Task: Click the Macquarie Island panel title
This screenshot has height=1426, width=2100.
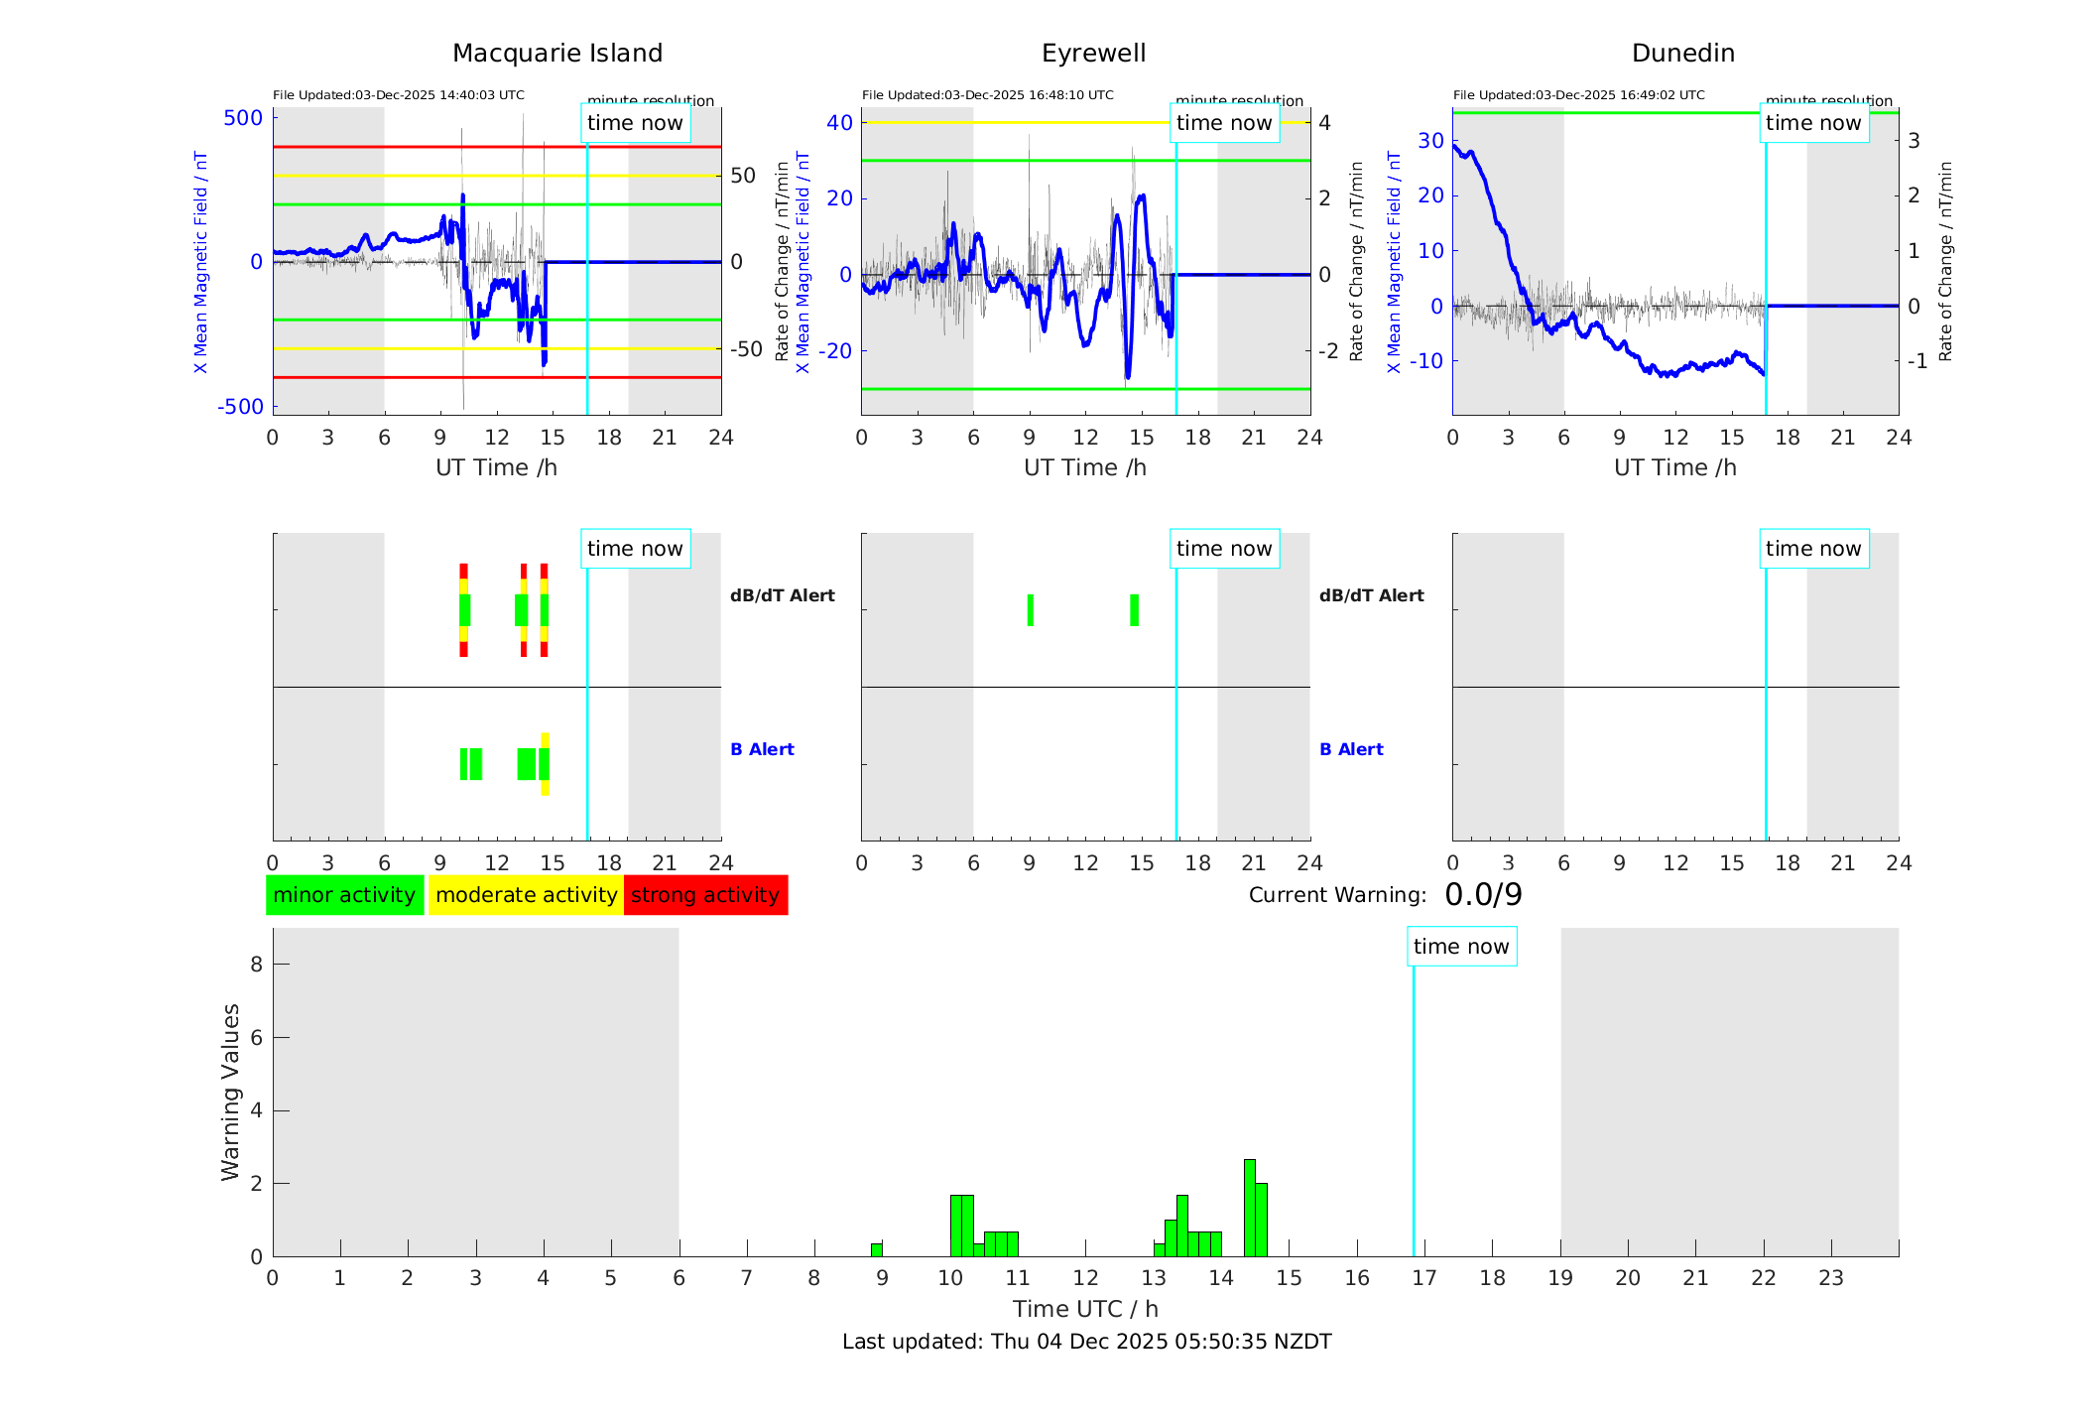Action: click(556, 54)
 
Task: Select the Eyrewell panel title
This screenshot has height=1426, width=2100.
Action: click(1093, 54)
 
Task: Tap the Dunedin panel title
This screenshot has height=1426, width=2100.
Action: click(1682, 54)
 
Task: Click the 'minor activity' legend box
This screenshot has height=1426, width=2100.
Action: click(344, 895)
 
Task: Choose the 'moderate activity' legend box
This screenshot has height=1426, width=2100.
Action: click(526, 895)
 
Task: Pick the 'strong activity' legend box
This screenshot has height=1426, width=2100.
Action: click(705, 895)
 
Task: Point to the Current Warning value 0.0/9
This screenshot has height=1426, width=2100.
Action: click(1483, 895)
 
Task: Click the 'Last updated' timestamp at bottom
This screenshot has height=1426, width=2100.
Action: click(1086, 1342)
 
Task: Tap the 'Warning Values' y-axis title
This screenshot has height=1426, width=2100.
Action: click(231, 1092)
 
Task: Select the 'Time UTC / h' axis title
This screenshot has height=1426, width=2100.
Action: click(1085, 1309)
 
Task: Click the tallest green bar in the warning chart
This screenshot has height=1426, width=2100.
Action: click(1250, 1208)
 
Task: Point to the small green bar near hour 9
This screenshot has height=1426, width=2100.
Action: click(877, 1249)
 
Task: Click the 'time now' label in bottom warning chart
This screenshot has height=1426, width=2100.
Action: click(1461, 947)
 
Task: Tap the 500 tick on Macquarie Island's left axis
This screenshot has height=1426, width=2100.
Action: click(243, 118)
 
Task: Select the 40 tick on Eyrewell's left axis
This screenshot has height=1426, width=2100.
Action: click(839, 123)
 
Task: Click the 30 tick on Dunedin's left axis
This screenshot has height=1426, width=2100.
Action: click(1430, 141)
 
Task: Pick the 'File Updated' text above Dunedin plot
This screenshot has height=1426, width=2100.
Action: click(1578, 95)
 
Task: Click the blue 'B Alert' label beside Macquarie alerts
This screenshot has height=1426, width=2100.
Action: click(762, 749)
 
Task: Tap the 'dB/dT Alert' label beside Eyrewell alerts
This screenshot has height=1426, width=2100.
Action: click(1371, 595)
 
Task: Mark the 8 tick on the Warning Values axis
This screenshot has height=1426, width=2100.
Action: click(256, 964)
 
